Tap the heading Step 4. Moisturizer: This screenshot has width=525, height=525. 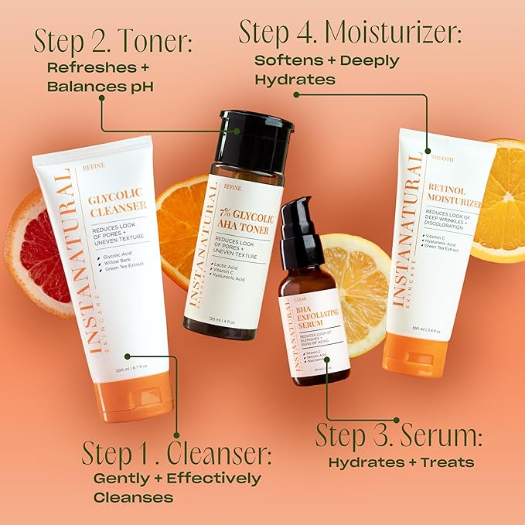click(349, 33)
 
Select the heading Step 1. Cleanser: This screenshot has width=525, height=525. click(176, 452)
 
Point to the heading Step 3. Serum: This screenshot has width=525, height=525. click(399, 436)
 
